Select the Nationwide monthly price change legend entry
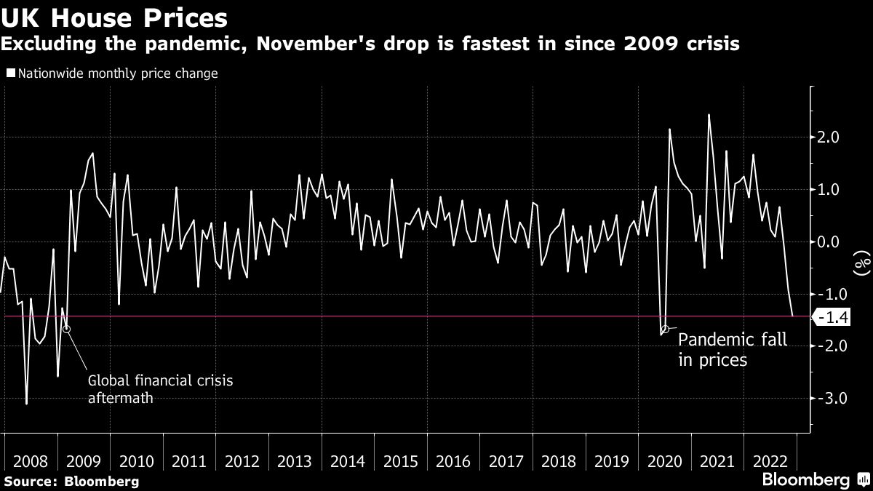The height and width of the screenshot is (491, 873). pos(113,73)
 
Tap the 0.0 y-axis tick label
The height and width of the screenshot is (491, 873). pos(829,242)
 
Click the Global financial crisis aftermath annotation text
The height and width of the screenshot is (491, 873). pos(161,388)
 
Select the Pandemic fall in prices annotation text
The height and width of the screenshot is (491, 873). pos(732,349)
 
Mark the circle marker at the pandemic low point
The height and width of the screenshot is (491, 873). pos(665,330)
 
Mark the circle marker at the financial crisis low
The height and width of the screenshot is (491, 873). pos(66,329)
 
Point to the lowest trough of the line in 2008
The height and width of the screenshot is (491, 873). pos(27,404)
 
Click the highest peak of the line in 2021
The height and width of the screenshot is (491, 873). pos(709,115)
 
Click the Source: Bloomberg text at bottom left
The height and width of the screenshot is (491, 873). pos(71,481)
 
